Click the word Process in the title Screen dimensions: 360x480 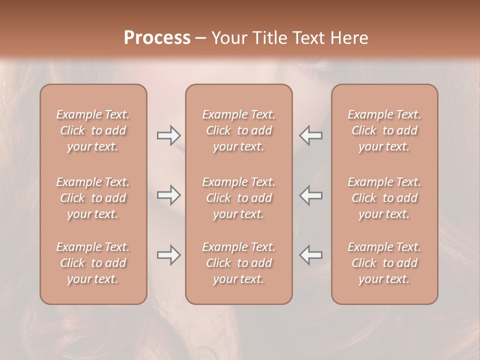point(157,38)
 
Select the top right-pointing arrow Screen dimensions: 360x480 point(169,135)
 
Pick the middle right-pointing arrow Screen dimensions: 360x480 point(169,195)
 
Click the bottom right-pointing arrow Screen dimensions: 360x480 point(169,255)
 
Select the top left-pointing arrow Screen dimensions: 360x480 point(310,135)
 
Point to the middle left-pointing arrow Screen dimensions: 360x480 point(310,195)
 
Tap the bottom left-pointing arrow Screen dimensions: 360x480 point(310,255)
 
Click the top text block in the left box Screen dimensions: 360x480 point(93,130)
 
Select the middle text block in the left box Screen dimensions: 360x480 point(93,198)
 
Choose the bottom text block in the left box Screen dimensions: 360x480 point(93,263)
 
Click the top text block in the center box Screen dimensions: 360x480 point(239,130)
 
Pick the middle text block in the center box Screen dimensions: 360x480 point(239,198)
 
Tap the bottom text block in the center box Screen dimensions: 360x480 point(239,263)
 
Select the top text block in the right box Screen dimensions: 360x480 point(384,130)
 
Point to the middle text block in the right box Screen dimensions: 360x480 point(384,198)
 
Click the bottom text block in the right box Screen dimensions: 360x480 point(384,263)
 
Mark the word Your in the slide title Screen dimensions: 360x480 point(228,38)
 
